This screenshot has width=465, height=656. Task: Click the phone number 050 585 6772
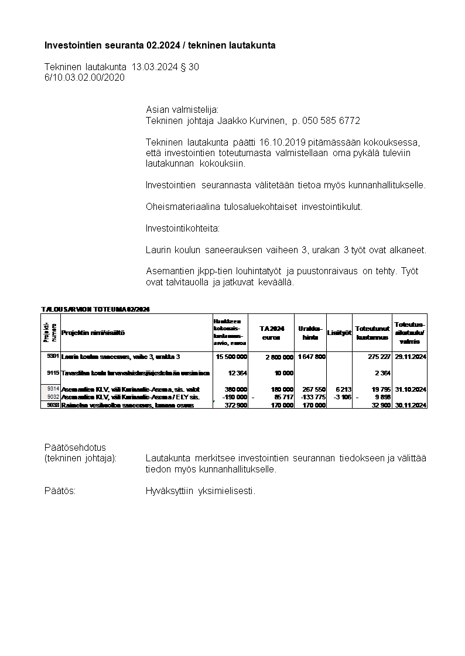(x=330, y=120)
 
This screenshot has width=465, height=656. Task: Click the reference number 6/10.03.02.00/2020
(x=84, y=77)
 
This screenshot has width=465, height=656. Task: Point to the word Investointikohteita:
(x=183, y=228)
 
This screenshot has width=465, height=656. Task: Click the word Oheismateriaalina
(x=182, y=206)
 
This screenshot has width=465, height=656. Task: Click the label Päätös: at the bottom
(x=60, y=491)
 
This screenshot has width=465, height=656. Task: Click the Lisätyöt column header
(x=339, y=333)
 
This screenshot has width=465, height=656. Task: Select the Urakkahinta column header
(x=310, y=333)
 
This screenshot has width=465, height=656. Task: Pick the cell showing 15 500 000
(x=231, y=356)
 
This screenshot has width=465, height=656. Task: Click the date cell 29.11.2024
(x=410, y=356)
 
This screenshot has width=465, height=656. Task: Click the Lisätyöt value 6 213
(x=343, y=389)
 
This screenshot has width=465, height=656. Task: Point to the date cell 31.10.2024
(x=410, y=389)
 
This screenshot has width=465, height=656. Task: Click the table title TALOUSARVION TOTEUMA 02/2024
(x=95, y=309)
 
